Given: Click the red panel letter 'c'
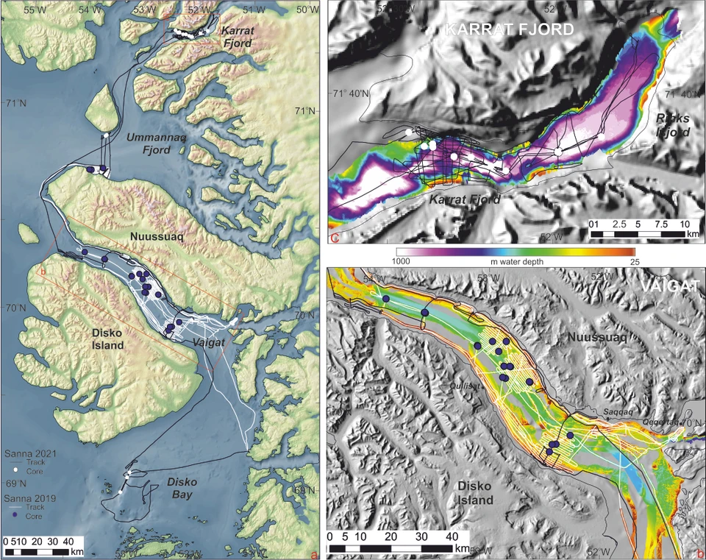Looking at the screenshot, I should point(335,238).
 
